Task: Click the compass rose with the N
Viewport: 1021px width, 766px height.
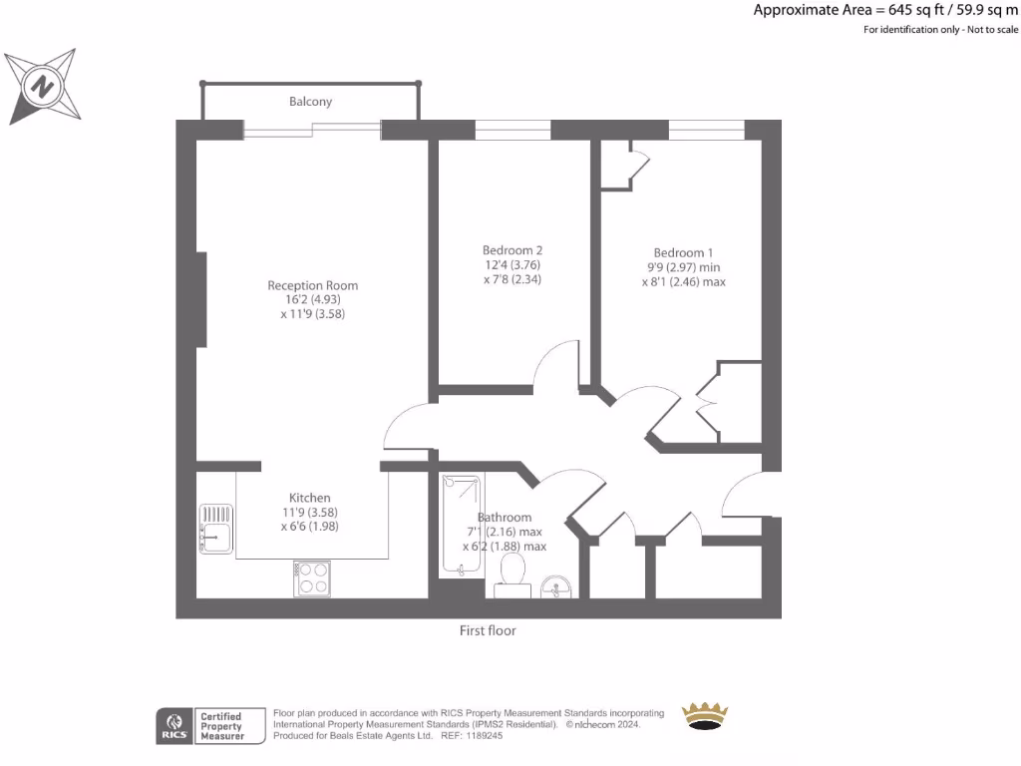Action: [x=43, y=87]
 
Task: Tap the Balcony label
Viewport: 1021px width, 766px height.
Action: [x=310, y=102]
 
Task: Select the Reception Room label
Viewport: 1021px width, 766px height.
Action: [x=312, y=285]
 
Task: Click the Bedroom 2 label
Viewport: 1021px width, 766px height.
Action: [x=511, y=249]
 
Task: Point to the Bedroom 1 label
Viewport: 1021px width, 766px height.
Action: [x=683, y=252]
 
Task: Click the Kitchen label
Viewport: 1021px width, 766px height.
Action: [x=309, y=498]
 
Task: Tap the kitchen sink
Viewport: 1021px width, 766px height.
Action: [x=215, y=529]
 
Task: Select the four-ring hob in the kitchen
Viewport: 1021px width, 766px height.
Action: [x=312, y=578]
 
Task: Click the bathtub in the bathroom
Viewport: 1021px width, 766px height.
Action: [x=461, y=526]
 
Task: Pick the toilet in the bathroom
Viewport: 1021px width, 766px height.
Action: [x=513, y=574]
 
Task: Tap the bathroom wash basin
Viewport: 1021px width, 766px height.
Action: [x=555, y=586]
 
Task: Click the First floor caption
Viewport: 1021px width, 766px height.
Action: [x=488, y=630]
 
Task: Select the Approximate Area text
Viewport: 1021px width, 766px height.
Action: [x=885, y=11]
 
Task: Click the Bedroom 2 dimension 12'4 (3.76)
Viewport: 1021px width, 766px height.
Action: [x=511, y=265]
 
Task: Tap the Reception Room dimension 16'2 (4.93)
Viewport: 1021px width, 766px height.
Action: [x=312, y=300]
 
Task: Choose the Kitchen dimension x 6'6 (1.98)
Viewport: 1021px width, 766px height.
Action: [x=309, y=526]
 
